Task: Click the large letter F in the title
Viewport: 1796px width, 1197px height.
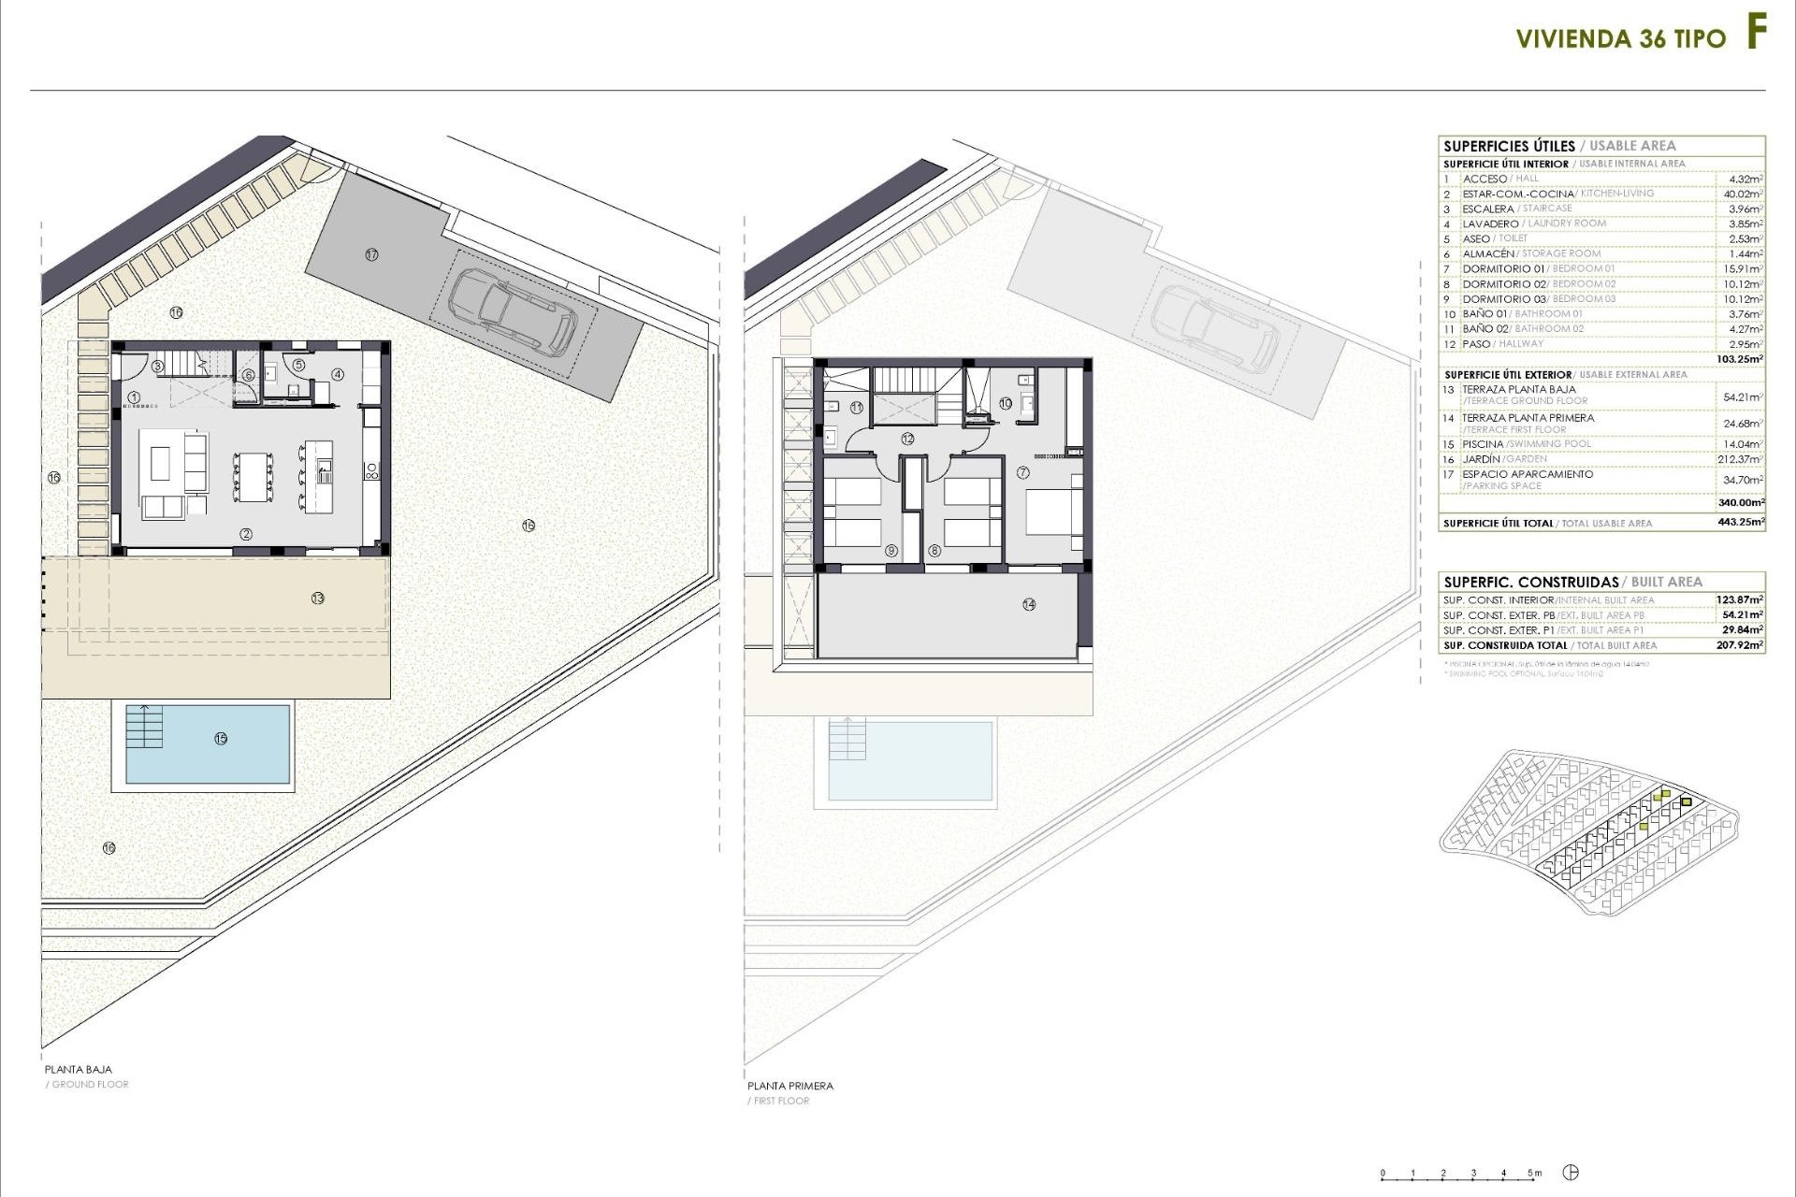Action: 1756,34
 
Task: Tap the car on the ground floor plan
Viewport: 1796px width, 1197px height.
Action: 513,311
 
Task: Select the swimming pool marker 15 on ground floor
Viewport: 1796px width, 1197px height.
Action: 221,738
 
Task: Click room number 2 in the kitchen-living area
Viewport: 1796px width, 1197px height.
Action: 246,535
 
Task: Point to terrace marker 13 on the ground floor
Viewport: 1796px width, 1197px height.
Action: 318,598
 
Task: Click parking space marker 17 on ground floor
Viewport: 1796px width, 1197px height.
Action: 371,254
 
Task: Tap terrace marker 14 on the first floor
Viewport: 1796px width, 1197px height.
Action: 1029,604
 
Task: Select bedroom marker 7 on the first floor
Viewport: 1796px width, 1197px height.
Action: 1023,473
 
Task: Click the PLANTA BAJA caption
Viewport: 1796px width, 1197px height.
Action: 79,1069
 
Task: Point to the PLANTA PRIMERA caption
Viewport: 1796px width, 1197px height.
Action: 789,1086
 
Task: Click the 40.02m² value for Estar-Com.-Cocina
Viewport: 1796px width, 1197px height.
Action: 1743,194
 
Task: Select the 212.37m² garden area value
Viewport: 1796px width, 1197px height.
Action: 1743,459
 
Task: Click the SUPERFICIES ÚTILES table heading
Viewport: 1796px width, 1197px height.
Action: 1509,146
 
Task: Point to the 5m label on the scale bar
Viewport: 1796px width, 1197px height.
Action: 1534,1173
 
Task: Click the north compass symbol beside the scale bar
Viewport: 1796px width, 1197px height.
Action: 1571,1173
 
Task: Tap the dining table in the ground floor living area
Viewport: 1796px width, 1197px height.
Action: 253,477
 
